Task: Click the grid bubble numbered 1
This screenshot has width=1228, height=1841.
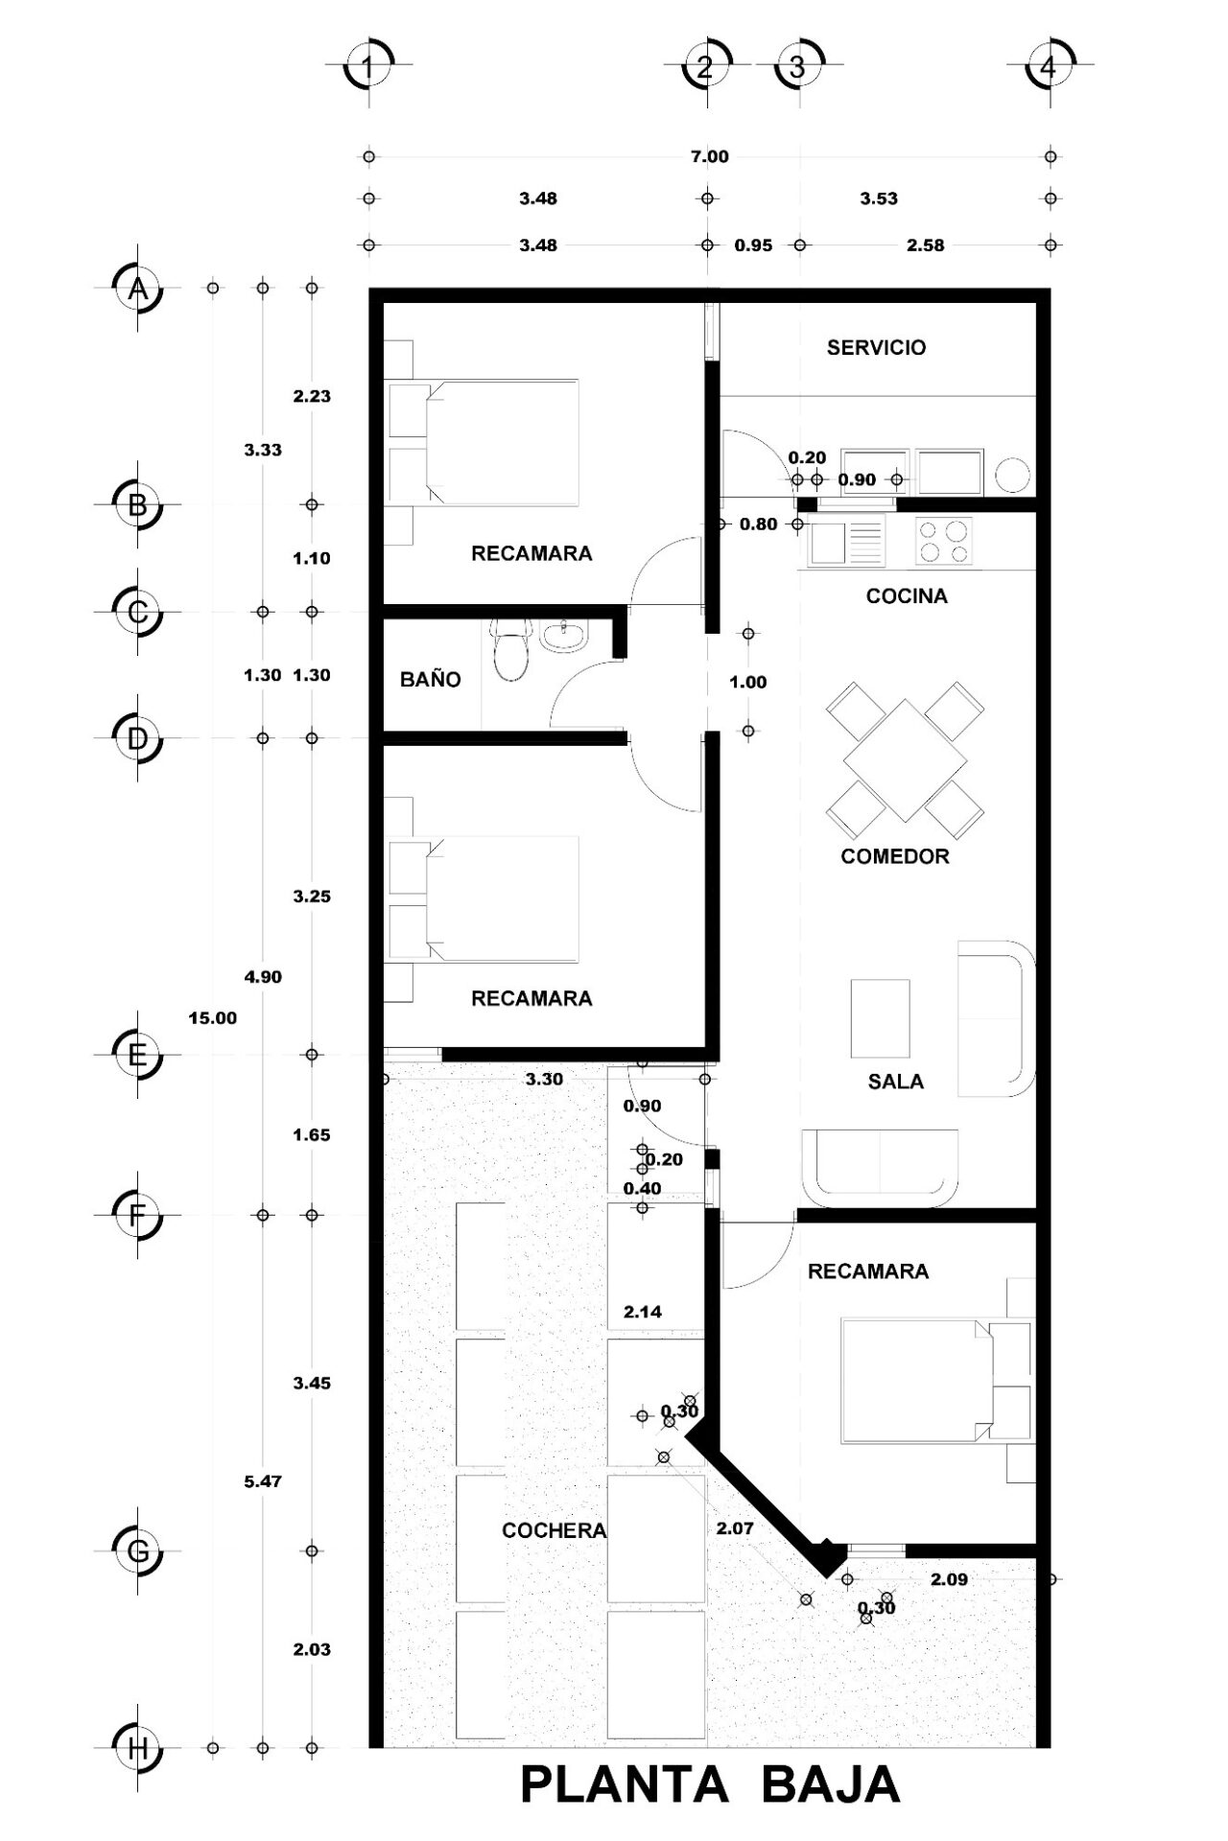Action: click(368, 67)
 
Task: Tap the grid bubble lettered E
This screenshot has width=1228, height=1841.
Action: click(137, 1055)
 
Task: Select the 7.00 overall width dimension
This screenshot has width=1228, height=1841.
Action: click(710, 157)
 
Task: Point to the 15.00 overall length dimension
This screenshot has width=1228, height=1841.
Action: click(212, 1018)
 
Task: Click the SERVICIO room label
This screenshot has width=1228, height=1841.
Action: click(877, 347)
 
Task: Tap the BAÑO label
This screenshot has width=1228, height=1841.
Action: click(431, 679)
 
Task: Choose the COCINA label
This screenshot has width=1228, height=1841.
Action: click(907, 596)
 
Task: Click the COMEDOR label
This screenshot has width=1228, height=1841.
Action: click(895, 856)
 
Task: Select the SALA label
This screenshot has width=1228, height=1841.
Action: click(896, 1082)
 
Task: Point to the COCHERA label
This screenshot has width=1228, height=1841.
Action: click(555, 1530)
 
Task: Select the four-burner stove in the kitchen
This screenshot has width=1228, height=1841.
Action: click(944, 541)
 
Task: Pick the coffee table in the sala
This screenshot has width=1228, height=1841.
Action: click(880, 1017)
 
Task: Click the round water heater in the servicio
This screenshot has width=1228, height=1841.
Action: click(1012, 476)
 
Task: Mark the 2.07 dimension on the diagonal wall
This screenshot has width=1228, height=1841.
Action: click(735, 1528)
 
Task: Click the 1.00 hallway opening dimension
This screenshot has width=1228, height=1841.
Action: click(748, 683)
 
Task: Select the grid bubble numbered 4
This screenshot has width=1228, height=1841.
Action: click(1048, 67)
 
